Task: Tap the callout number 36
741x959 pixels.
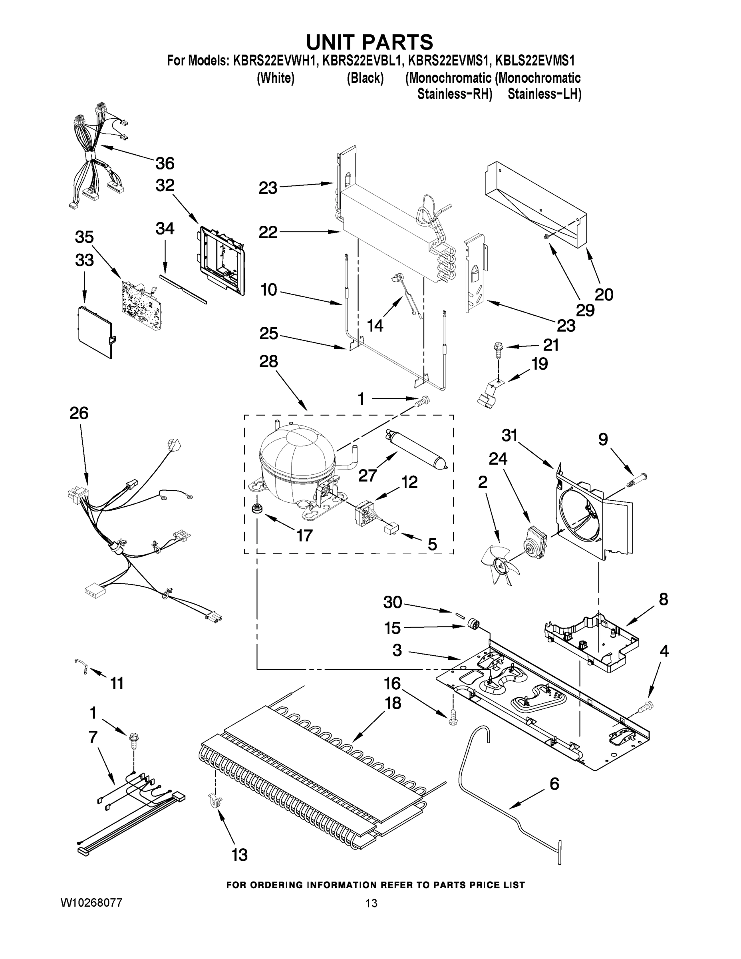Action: click(x=165, y=163)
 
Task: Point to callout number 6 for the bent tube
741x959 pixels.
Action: click(x=554, y=784)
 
